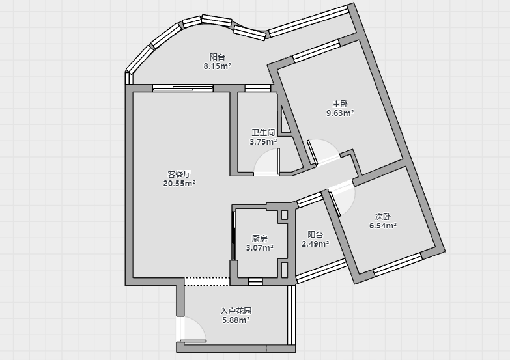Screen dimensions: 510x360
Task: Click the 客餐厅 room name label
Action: point(179,174)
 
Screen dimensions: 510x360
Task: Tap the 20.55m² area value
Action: point(179,184)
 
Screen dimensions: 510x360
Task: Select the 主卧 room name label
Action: point(340,104)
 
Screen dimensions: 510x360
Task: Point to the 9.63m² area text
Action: point(340,113)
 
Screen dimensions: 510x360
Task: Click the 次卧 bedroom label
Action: point(383,216)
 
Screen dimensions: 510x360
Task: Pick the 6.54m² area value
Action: point(383,226)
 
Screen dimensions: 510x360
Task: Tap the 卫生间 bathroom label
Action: point(263,132)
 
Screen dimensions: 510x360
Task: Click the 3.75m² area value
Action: point(263,142)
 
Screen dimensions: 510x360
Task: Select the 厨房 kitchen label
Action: point(259,238)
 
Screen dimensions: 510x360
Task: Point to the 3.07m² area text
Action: point(259,248)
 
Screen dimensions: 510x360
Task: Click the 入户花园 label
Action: point(236,311)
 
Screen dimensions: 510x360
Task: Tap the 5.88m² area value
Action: point(236,320)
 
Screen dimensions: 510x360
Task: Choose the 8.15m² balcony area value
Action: point(218,66)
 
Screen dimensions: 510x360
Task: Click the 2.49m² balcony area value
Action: point(315,244)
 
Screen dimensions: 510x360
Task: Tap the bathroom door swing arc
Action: point(259,160)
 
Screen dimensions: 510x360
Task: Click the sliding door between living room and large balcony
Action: point(183,88)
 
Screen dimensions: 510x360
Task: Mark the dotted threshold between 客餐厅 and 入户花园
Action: point(207,282)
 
